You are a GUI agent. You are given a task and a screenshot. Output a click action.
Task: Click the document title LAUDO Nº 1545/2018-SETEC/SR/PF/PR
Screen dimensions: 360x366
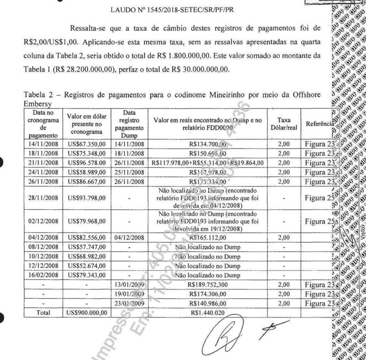point(173,10)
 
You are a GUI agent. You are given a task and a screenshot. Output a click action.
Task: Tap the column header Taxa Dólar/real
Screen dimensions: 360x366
point(284,124)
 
